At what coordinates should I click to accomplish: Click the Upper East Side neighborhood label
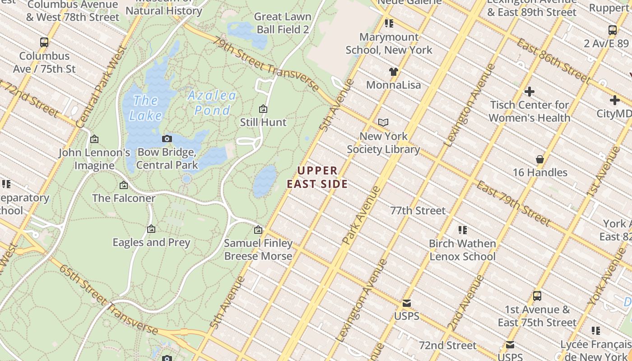coord(317,177)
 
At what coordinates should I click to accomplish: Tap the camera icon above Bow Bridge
coord(167,139)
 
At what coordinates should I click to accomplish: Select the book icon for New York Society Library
coord(383,122)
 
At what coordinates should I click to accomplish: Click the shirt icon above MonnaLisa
coord(394,71)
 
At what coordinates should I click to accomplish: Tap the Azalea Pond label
coord(212,103)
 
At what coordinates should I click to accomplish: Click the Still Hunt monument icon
coord(263,109)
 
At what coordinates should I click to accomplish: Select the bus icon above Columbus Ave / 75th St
coord(44,42)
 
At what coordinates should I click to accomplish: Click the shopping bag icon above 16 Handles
coord(539,159)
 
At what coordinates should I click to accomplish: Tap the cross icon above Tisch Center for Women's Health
coord(529,92)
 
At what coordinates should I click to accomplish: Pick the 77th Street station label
coord(418,211)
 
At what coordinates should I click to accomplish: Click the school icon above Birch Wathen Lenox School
coord(462,230)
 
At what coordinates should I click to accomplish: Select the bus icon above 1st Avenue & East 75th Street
coord(537,296)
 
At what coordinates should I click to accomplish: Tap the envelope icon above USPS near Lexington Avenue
coord(407,303)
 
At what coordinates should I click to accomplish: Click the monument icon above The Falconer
coord(123,185)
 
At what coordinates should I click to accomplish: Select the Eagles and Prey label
coord(151,242)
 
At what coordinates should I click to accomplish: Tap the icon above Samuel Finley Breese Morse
coord(258,230)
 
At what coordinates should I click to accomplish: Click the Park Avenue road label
coord(362,216)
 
